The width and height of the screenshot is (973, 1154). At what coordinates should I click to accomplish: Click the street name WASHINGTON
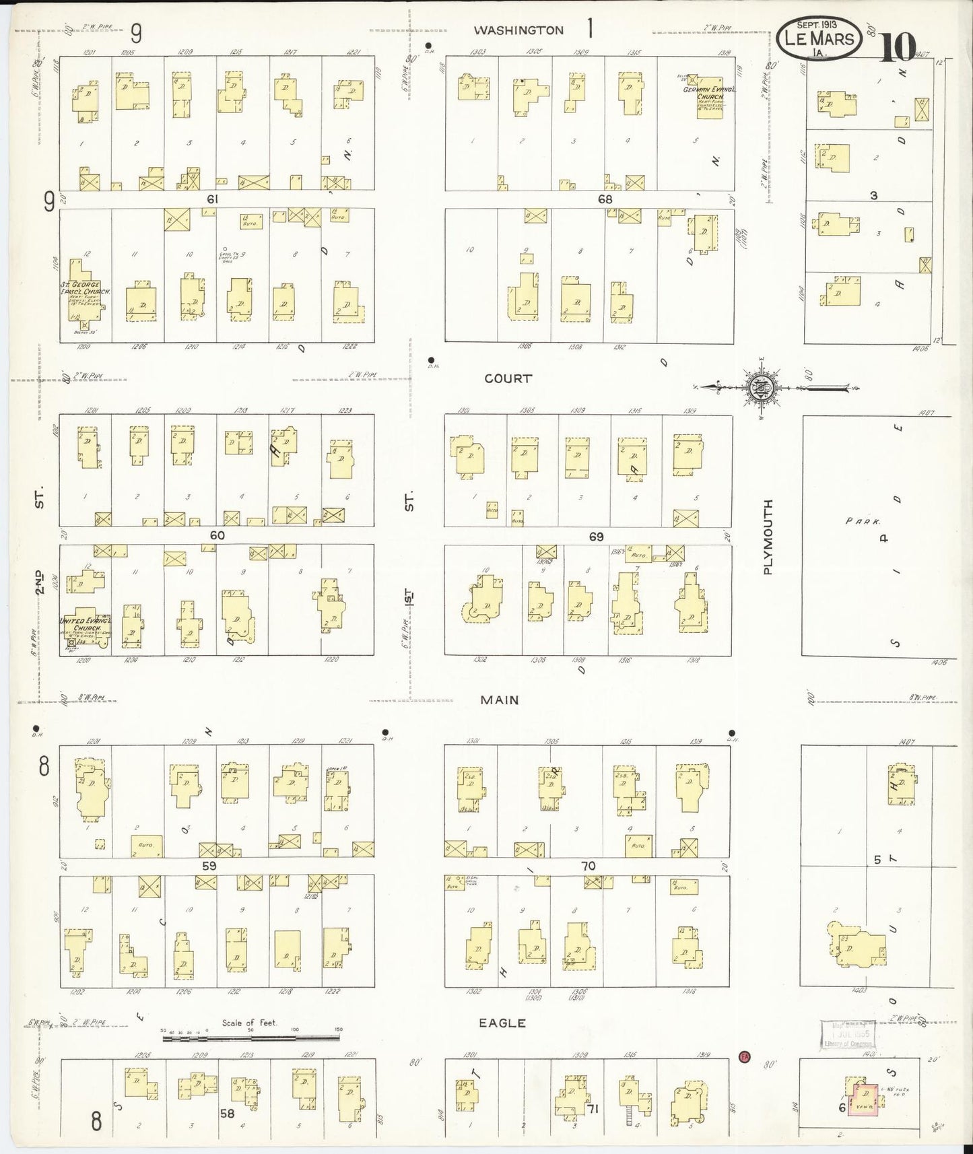pos(518,30)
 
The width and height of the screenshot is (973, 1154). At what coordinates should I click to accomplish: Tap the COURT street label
pos(508,378)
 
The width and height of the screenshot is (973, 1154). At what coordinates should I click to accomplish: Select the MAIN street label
pos(500,700)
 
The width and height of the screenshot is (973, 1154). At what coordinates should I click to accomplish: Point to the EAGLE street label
pos(502,1023)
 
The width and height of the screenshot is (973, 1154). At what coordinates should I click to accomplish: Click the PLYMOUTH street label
pos(768,537)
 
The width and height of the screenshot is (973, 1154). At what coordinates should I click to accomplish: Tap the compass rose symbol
pos(762,387)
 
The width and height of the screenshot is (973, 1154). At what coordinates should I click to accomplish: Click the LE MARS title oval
pos(819,38)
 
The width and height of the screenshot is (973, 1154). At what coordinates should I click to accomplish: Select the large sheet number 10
pos(898,45)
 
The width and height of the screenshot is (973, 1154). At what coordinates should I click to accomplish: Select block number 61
pos(213,199)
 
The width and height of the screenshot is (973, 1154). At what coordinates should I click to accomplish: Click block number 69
pos(596,537)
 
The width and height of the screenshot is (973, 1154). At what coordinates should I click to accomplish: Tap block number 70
pos(589,866)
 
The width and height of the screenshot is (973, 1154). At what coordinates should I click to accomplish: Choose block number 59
pos(209,866)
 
